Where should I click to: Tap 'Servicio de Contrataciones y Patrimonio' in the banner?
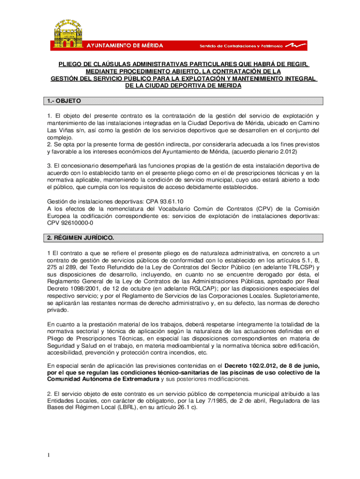pyautogui.click(x=241, y=46)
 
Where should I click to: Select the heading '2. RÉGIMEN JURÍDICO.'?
pyautogui.click(x=80, y=238)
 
